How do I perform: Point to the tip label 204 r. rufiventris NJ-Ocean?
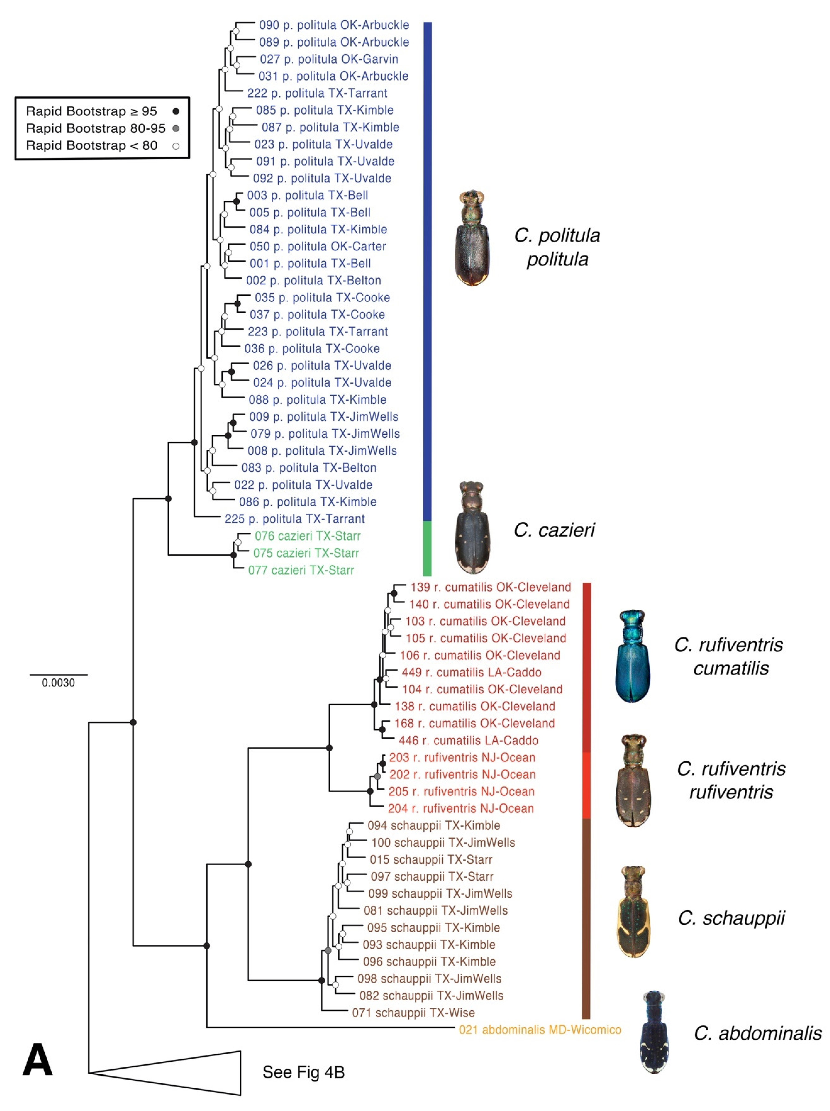click(x=461, y=808)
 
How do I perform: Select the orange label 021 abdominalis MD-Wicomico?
click(x=540, y=1030)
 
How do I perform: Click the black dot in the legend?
click(x=176, y=112)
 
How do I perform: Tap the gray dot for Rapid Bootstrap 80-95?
click(x=176, y=129)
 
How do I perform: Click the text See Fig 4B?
click(x=303, y=1072)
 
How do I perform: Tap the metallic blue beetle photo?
click(x=633, y=656)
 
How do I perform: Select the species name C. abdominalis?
click(x=758, y=1033)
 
